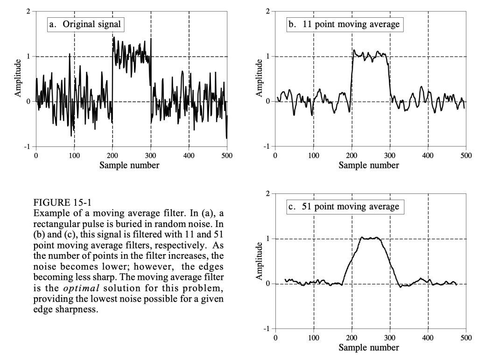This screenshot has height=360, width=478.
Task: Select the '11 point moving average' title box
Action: [x=344, y=24]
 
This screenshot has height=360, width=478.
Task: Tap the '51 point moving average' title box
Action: [x=344, y=207]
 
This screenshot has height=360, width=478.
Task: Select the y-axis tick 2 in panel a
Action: [x=28, y=11]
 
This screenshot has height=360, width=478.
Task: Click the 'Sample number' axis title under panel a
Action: [x=131, y=165]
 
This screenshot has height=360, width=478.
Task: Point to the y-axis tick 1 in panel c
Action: [x=268, y=239]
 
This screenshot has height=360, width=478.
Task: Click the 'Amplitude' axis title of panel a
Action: [x=18, y=79]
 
